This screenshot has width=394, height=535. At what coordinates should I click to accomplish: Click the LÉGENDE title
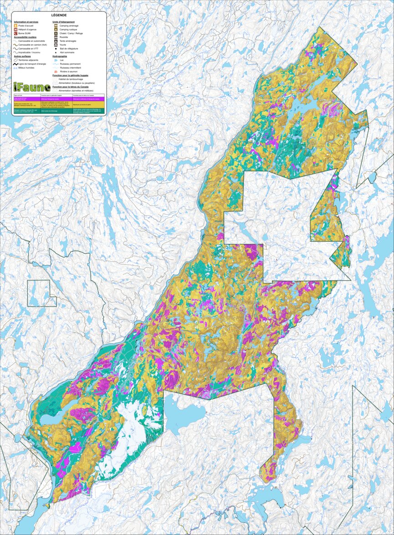[x=59, y=15]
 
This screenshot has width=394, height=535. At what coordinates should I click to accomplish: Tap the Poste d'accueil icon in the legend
[x=16, y=26]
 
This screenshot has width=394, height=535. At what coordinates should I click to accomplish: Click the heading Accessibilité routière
[x=25, y=37]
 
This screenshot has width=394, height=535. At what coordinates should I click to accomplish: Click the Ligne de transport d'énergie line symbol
[x=15, y=64]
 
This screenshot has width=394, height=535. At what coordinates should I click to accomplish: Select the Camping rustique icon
[x=55, y=30]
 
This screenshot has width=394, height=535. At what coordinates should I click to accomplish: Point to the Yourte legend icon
[x=55, y=45]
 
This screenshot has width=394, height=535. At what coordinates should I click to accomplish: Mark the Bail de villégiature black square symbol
[x=55, y=49]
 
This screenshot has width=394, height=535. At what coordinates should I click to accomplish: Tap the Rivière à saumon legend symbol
[x=55, y=71]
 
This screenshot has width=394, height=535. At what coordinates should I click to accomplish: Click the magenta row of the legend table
[x=59, y=98]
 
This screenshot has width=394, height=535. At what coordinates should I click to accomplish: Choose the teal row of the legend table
[x=59, y=110]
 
